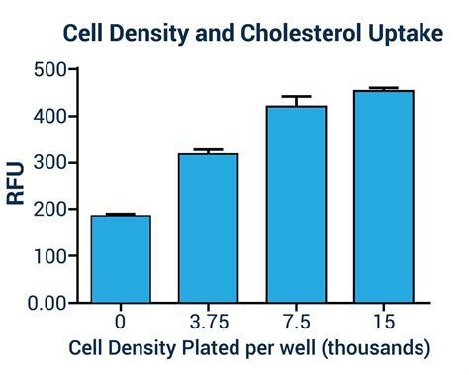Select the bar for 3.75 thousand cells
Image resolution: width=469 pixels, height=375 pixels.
[x=209, y=229]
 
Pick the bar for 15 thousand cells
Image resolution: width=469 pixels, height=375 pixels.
[x=383, y=197]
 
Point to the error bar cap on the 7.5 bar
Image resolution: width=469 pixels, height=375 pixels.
[x=296, y=97]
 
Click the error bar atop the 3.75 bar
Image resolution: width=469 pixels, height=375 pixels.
[x=209, y=150]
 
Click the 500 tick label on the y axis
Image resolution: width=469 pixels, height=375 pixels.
[x=49, y=70]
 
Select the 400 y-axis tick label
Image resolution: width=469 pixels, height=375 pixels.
[x=49, y=117]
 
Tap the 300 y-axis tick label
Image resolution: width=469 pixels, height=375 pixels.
[x=49, y=163]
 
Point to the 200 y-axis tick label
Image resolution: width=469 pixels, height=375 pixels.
[x=49, y=210]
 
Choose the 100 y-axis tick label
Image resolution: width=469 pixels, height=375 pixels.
[x=49, y=256]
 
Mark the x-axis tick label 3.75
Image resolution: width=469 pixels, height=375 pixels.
[x=209, y=323]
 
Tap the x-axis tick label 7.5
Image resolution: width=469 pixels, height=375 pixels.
[x=296, y=323]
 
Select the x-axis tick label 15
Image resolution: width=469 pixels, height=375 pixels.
[x=383, y=323]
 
